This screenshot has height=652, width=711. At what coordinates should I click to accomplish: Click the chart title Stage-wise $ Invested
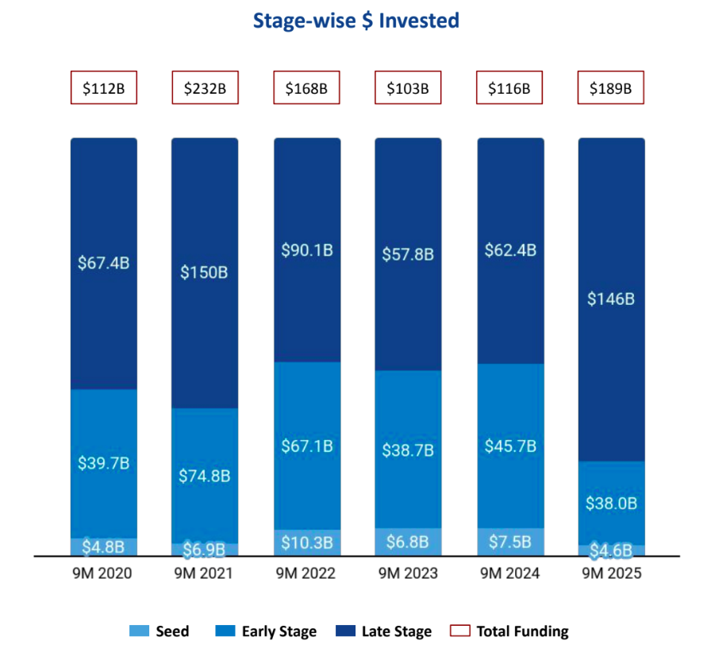pos(355,21)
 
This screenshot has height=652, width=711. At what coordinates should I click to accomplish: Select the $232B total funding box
pos(206,88)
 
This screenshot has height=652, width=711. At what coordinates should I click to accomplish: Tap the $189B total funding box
pos(610,88)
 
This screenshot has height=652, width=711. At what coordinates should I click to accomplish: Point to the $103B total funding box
pos(408,88)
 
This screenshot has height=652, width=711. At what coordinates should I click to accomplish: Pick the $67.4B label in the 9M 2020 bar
pos(103,263)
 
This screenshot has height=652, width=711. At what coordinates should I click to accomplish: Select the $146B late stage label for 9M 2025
pos(611,299)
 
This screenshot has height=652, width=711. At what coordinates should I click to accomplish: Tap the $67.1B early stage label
pos(307,446)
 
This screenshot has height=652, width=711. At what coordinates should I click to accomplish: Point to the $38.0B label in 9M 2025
pos(611,503)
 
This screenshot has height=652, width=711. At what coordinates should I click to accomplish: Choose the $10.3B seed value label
pos(307,543)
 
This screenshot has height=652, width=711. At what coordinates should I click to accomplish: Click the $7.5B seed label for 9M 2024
pos(510,542)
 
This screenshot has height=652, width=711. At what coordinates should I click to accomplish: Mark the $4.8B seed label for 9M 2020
pos(103,546)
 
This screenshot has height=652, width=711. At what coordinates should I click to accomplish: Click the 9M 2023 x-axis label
pos(408,573)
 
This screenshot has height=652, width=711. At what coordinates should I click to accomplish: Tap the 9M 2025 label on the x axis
pos(611,573)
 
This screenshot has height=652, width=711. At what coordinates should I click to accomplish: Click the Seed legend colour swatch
pos(139,631)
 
